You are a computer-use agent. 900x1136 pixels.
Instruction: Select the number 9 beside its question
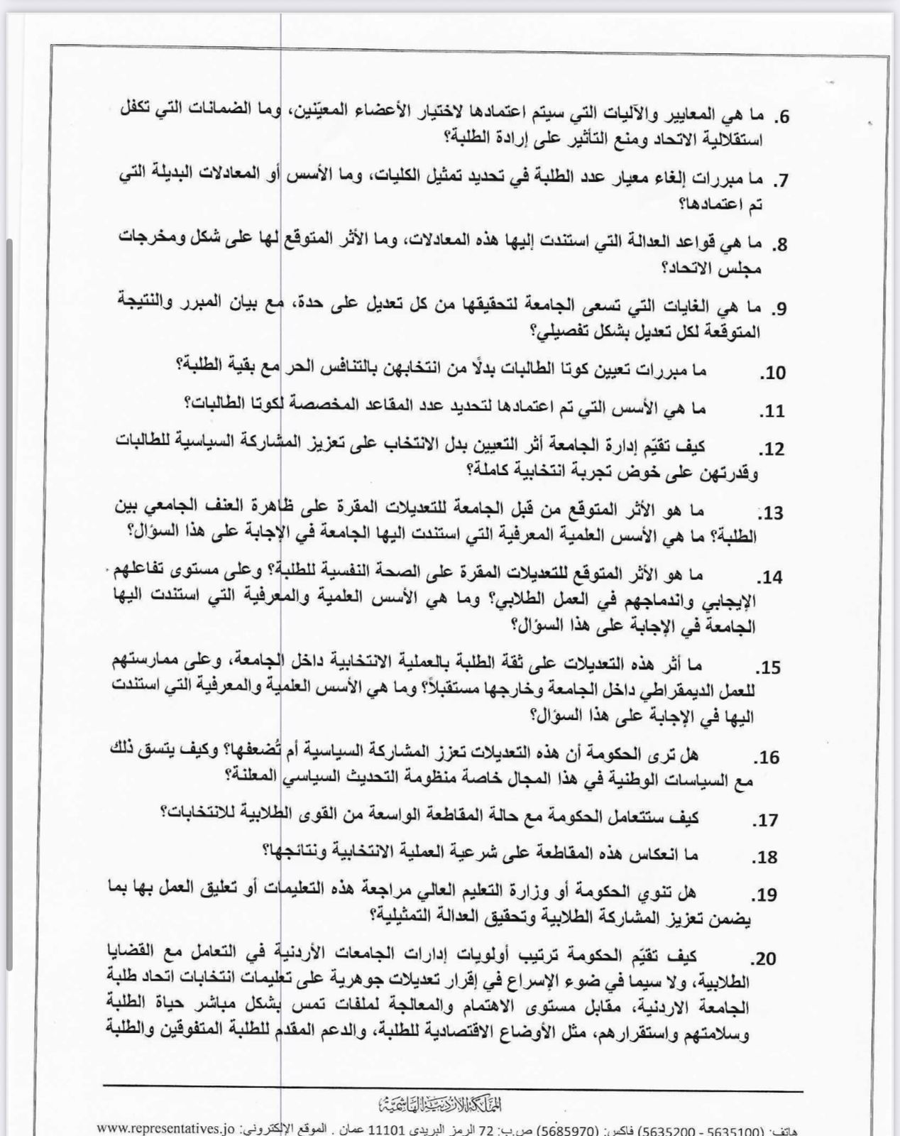click(779, 308)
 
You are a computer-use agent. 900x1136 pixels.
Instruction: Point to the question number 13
click(772, 513)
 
